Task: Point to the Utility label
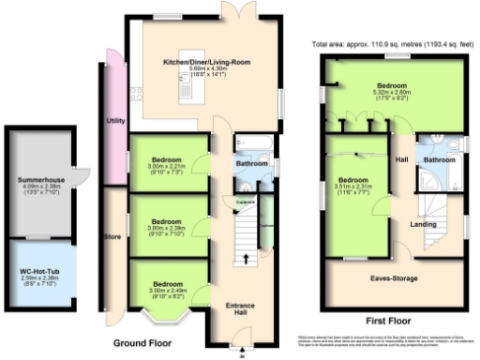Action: (x=116, y=121)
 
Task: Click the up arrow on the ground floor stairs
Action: (x=247, y=257)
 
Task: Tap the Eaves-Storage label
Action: (x=393, y=278)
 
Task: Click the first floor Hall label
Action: (x=401, y=160)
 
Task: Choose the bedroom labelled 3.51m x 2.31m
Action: (x=354, y=180)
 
